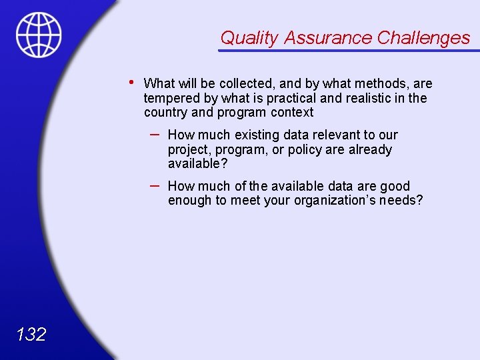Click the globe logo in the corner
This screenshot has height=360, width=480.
pos(39,35)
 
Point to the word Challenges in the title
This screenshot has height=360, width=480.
pos(423,38)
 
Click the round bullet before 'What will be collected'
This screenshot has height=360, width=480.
pos(133,83)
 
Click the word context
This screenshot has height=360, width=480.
pos(292,113)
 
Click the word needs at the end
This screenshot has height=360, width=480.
pos(400,201)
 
